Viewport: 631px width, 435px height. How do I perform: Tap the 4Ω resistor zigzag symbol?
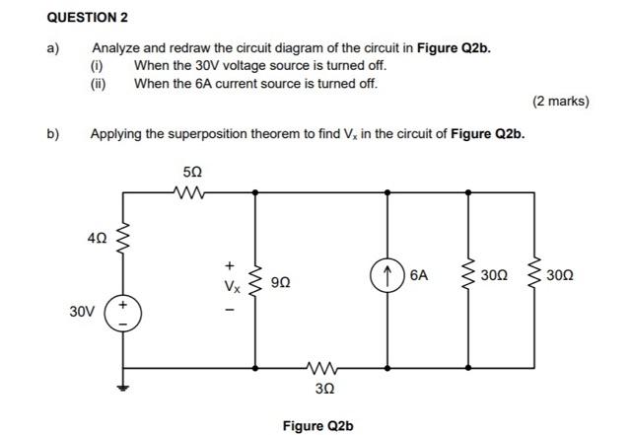click(x=123, y=239)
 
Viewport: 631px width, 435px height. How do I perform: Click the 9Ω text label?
click(x=281, y=282)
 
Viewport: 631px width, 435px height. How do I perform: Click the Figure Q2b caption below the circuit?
click(x=317, y=425)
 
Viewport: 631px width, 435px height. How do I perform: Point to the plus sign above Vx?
click(x=229, y=264)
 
